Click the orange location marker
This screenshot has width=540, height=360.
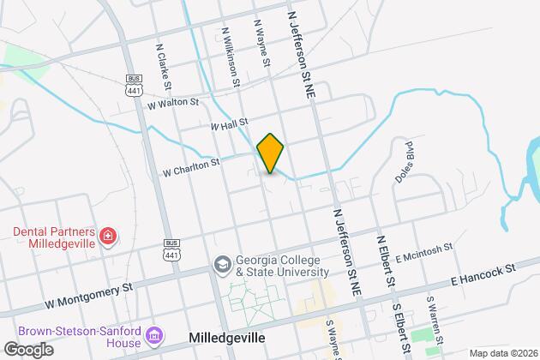pos(270,153)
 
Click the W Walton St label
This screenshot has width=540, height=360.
pos(172,103)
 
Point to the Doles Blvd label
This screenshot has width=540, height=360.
pos(403,159)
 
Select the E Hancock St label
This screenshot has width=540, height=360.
pos(484,273)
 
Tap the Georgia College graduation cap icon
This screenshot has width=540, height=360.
pos(222,263)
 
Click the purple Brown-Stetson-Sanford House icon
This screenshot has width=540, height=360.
pos(155,333)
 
